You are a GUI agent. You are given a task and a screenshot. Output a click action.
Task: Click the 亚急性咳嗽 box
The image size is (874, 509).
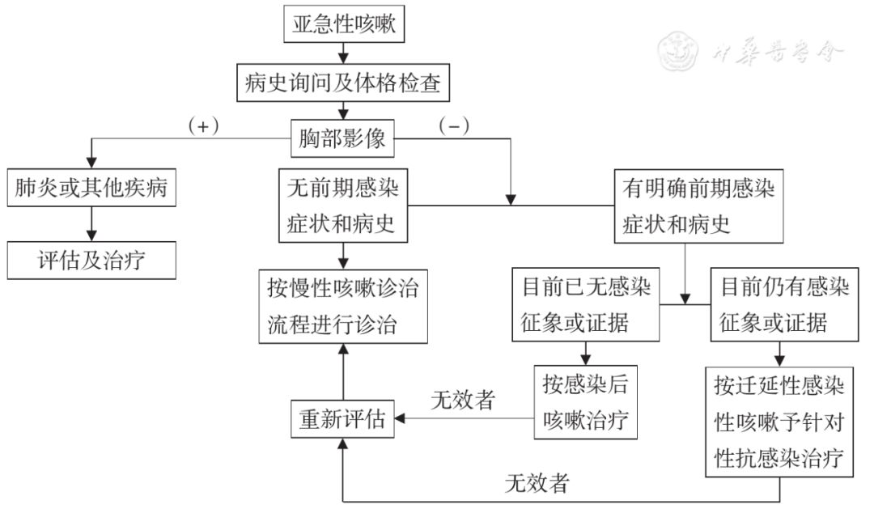tap(344, 24)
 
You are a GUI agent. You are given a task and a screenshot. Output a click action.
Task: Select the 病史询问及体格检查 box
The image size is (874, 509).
tap(343, 83)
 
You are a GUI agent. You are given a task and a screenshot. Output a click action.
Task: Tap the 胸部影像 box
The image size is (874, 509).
tap(342, 138)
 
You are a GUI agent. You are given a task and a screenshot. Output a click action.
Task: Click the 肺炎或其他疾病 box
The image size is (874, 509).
tap(91, 188)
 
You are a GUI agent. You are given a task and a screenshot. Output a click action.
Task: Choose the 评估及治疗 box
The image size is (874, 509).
tap(91, 261)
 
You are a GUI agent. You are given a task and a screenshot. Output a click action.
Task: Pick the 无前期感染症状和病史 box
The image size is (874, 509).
tap(343, 206)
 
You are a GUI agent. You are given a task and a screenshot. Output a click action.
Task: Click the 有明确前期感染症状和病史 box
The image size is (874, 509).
tap(698, 206)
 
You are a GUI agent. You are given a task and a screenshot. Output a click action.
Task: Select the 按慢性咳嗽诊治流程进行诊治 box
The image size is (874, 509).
tap(343, 307)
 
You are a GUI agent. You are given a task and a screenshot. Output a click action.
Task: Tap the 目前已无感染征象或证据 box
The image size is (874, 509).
tap(586, 305)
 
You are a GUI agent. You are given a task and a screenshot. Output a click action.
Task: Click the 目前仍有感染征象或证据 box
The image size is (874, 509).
tap(784, 305)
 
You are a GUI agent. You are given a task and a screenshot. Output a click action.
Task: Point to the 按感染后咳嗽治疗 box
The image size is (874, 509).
tap(585, 402)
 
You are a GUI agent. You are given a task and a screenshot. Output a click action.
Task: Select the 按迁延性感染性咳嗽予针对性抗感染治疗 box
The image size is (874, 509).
tap(779, 422)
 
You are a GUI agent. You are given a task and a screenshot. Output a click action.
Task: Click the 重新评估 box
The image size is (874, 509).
tap(342, 418)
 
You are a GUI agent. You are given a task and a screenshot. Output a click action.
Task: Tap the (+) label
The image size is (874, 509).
tap(203, 126)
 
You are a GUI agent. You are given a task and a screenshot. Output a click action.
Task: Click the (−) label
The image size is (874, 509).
tap(454, 126)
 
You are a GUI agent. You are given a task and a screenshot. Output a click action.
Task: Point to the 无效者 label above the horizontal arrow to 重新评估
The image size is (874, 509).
tap(463, 400)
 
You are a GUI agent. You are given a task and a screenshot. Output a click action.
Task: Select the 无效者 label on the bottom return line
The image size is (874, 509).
tap(537, 483)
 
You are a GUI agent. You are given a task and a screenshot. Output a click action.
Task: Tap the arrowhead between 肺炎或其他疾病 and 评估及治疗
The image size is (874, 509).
tap(91, 235)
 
